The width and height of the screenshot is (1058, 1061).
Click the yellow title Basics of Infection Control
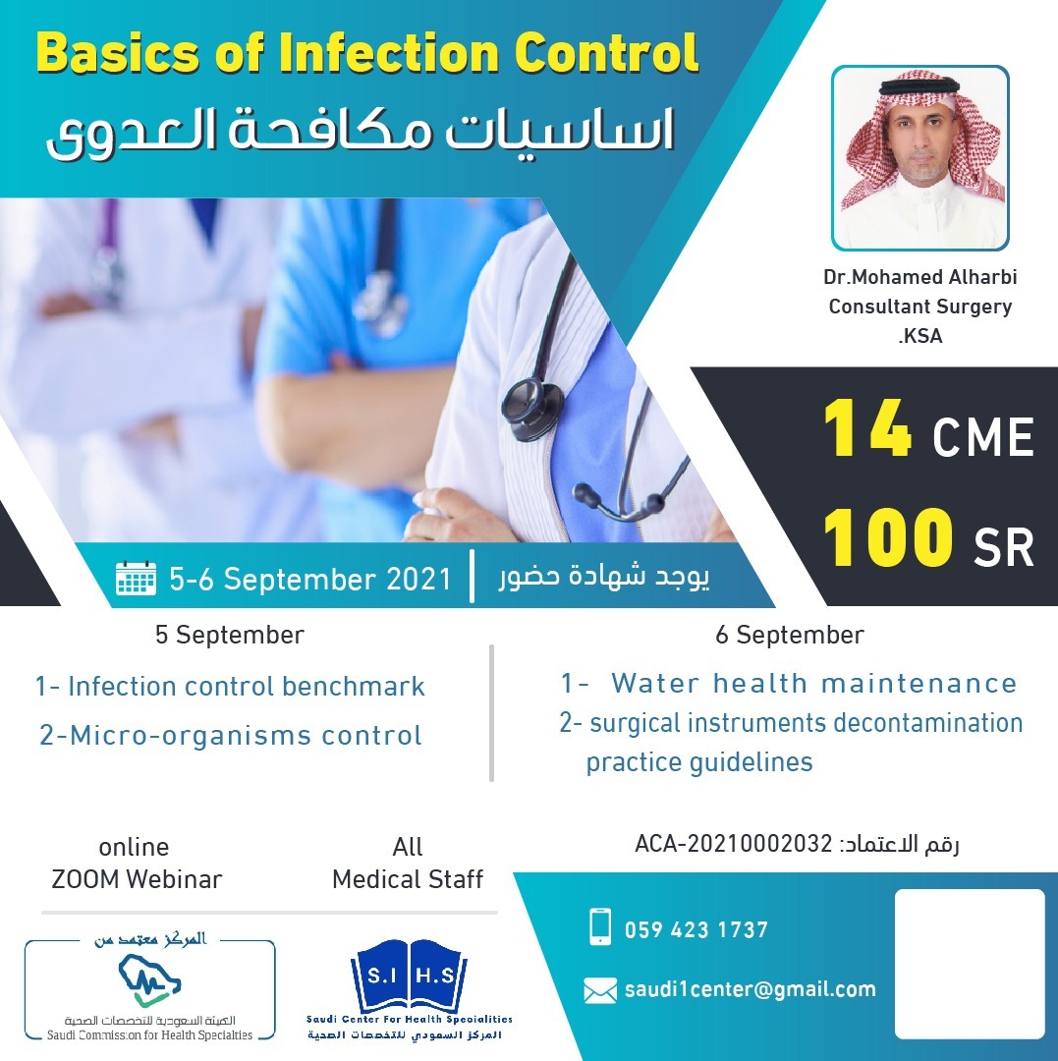point(367,53)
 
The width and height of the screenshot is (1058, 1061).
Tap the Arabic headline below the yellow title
point(362,130)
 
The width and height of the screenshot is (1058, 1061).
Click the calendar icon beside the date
point(136,579)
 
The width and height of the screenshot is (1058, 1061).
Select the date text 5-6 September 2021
point(309,580)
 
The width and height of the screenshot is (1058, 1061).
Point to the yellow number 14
point(867,428)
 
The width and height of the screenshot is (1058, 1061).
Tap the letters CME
point(983,437)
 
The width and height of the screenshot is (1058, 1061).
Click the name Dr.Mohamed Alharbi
point(920,277)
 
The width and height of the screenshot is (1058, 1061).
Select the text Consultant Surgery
point(920,307)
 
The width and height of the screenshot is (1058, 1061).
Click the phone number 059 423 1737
point(696,929)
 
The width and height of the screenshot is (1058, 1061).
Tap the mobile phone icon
point(600,926)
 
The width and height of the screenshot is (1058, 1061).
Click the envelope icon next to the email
point(600,991)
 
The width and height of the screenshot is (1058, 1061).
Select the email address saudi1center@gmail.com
point(751,989)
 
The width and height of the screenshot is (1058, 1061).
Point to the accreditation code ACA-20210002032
point(733,844)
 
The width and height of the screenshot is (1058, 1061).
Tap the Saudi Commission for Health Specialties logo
point(149,989)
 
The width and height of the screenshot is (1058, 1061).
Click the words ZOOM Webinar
point(137,879)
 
